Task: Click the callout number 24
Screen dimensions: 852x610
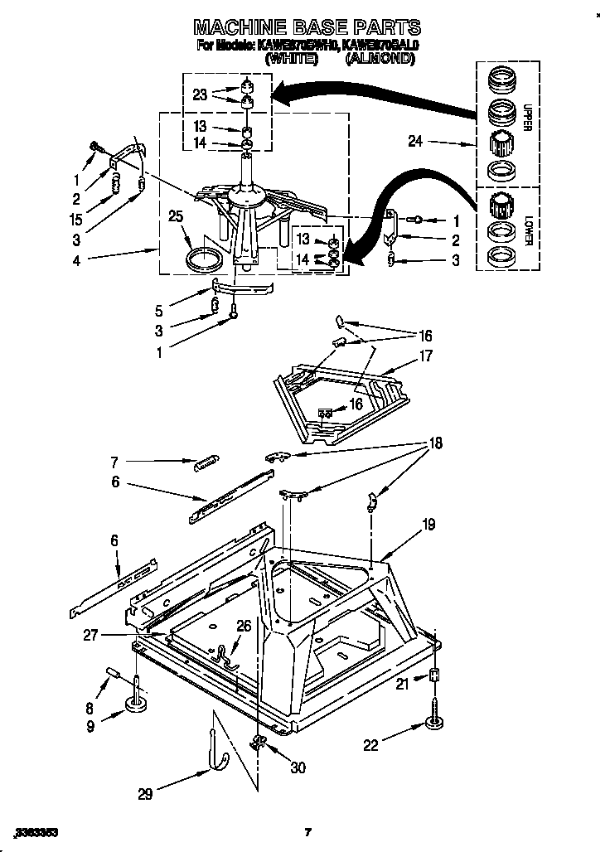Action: point(415,143)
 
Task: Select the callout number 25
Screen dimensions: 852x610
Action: point(175,217)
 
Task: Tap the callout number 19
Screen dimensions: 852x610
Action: point(428,524)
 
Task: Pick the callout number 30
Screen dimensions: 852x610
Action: point(298,767)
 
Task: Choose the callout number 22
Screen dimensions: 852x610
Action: point(370,745)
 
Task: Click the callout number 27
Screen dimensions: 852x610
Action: point(91,636)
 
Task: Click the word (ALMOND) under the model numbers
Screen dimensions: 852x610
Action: point(379,60)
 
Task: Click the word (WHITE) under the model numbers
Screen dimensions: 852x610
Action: point(291,60)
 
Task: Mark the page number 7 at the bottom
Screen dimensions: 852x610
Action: point(307,832)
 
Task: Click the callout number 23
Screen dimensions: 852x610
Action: point(200,94)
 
